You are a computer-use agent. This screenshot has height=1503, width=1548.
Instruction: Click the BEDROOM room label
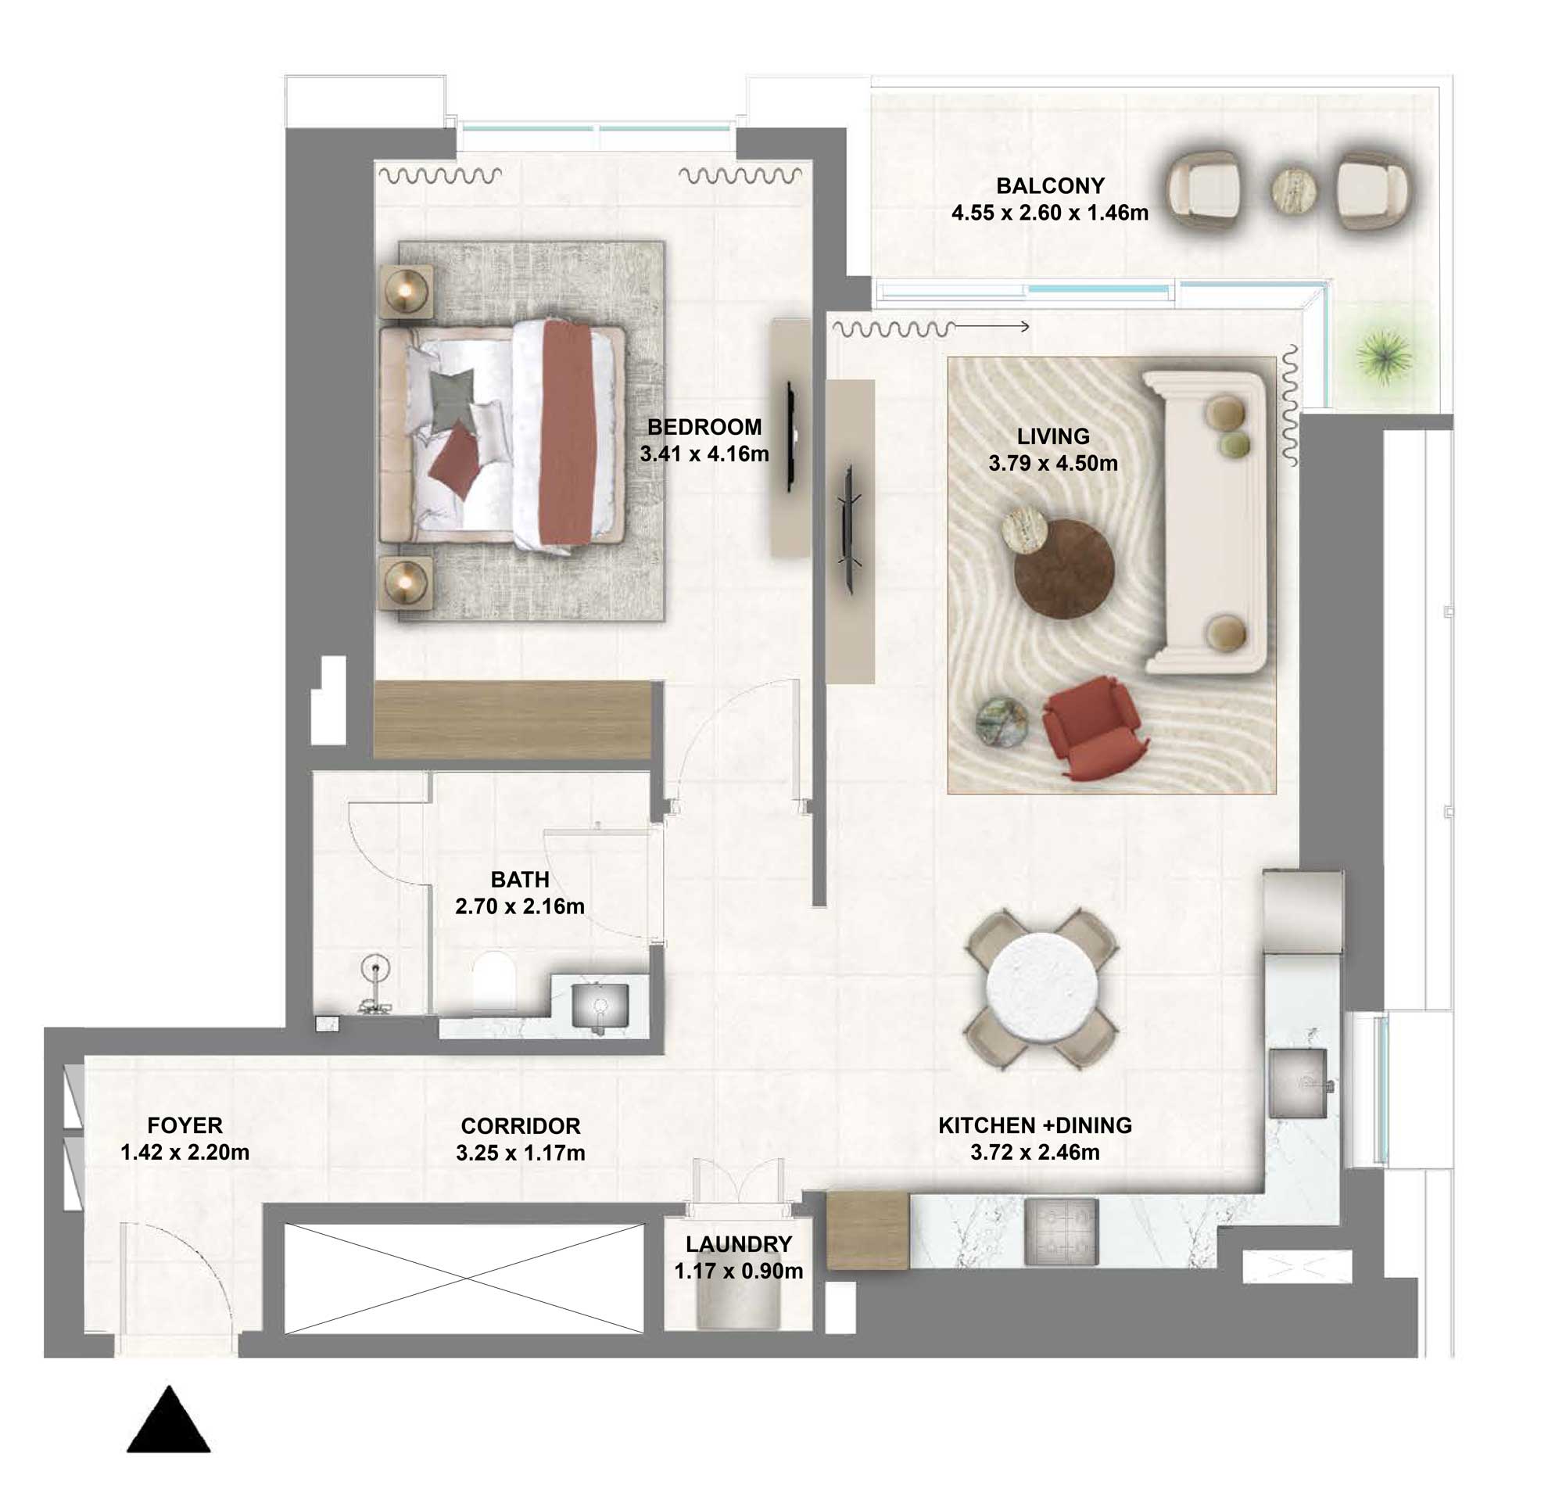(704, 427)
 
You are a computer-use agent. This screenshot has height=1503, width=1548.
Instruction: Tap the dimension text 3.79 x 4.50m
(1053, 464)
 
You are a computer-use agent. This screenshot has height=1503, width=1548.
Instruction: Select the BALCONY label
(1050, 186)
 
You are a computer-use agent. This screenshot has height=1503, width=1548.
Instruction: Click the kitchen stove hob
(1061, 1232)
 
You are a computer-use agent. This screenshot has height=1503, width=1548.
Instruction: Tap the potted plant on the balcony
(1383, 357)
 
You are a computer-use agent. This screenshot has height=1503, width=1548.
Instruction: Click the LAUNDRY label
(739, 1244)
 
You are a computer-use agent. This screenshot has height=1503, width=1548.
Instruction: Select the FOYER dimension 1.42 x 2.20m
(185, 1153)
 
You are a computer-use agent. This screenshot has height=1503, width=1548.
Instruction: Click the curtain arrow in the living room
(992, 326)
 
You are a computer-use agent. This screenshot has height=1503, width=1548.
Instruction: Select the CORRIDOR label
(521, 1125)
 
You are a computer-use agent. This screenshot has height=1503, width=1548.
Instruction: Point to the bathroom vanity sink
(600, 1006)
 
